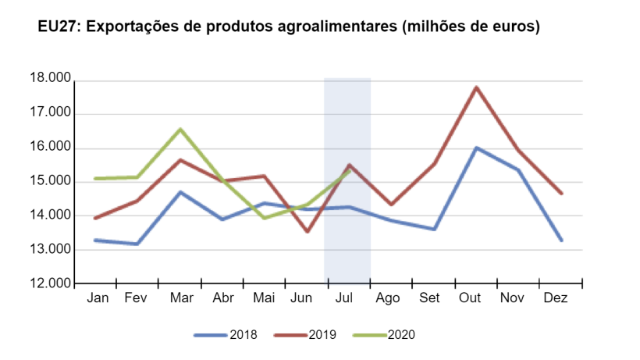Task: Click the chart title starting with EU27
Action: [x=289, y=27]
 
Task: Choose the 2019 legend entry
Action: [x=305, y=335]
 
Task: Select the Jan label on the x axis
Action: [x=98, y=298]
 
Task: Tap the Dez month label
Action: [x=555, y=298]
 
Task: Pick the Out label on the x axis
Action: [x=470, y=298]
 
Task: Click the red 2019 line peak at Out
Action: [x=475, y=87]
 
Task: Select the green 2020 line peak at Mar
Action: [x=180, y=130]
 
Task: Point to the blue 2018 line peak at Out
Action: [x=475, y=148]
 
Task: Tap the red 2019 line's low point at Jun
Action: [x=308, y=231]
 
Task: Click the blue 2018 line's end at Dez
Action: [x=561, y=240]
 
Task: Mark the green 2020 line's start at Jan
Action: [x=95, y=179]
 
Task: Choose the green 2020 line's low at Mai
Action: [x=265, y=218]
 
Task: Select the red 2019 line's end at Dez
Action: [x=561, y=193]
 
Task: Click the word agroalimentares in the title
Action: [x=332, y=27]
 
